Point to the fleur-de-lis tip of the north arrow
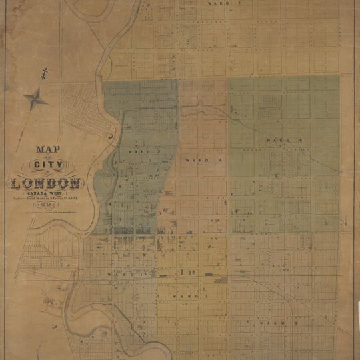point(45,71)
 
